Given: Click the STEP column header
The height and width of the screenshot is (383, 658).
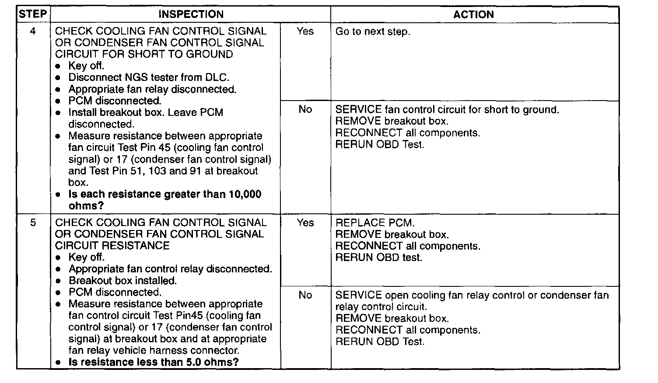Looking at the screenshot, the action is click(33, 14).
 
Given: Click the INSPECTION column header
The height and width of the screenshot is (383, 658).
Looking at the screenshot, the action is click(191, 14).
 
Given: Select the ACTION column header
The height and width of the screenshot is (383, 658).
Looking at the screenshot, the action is click(473, 14).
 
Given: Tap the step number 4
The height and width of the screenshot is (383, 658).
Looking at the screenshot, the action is click(33, 31).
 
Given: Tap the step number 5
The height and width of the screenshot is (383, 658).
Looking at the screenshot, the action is click(33, 223).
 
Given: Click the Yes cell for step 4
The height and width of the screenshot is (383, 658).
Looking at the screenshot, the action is click(305, 31).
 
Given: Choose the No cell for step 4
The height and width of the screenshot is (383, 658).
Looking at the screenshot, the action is click(305, 109).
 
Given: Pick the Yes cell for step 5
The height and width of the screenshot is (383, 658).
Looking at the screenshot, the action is click(305, 223).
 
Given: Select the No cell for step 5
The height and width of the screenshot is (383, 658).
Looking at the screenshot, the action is click(305, 296).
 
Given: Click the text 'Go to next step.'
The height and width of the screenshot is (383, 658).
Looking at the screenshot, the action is click(373, 32).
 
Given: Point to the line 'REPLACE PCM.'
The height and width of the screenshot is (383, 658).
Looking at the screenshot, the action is click(374, 223).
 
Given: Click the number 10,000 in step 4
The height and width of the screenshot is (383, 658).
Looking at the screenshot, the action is click(245, 194).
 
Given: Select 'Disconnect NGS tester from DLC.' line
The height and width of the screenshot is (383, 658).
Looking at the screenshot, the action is click(149, 78).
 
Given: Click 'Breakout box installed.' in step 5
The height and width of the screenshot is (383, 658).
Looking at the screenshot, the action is click(122, 281).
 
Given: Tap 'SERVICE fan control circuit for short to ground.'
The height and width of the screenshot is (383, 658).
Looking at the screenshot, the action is click(447, 110).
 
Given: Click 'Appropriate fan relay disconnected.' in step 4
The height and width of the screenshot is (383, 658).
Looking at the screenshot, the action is click(152, 90).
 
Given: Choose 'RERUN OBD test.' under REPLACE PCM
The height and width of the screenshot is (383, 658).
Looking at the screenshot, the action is click(379, 258).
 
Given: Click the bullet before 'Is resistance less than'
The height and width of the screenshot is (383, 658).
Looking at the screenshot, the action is click(58, 363).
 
